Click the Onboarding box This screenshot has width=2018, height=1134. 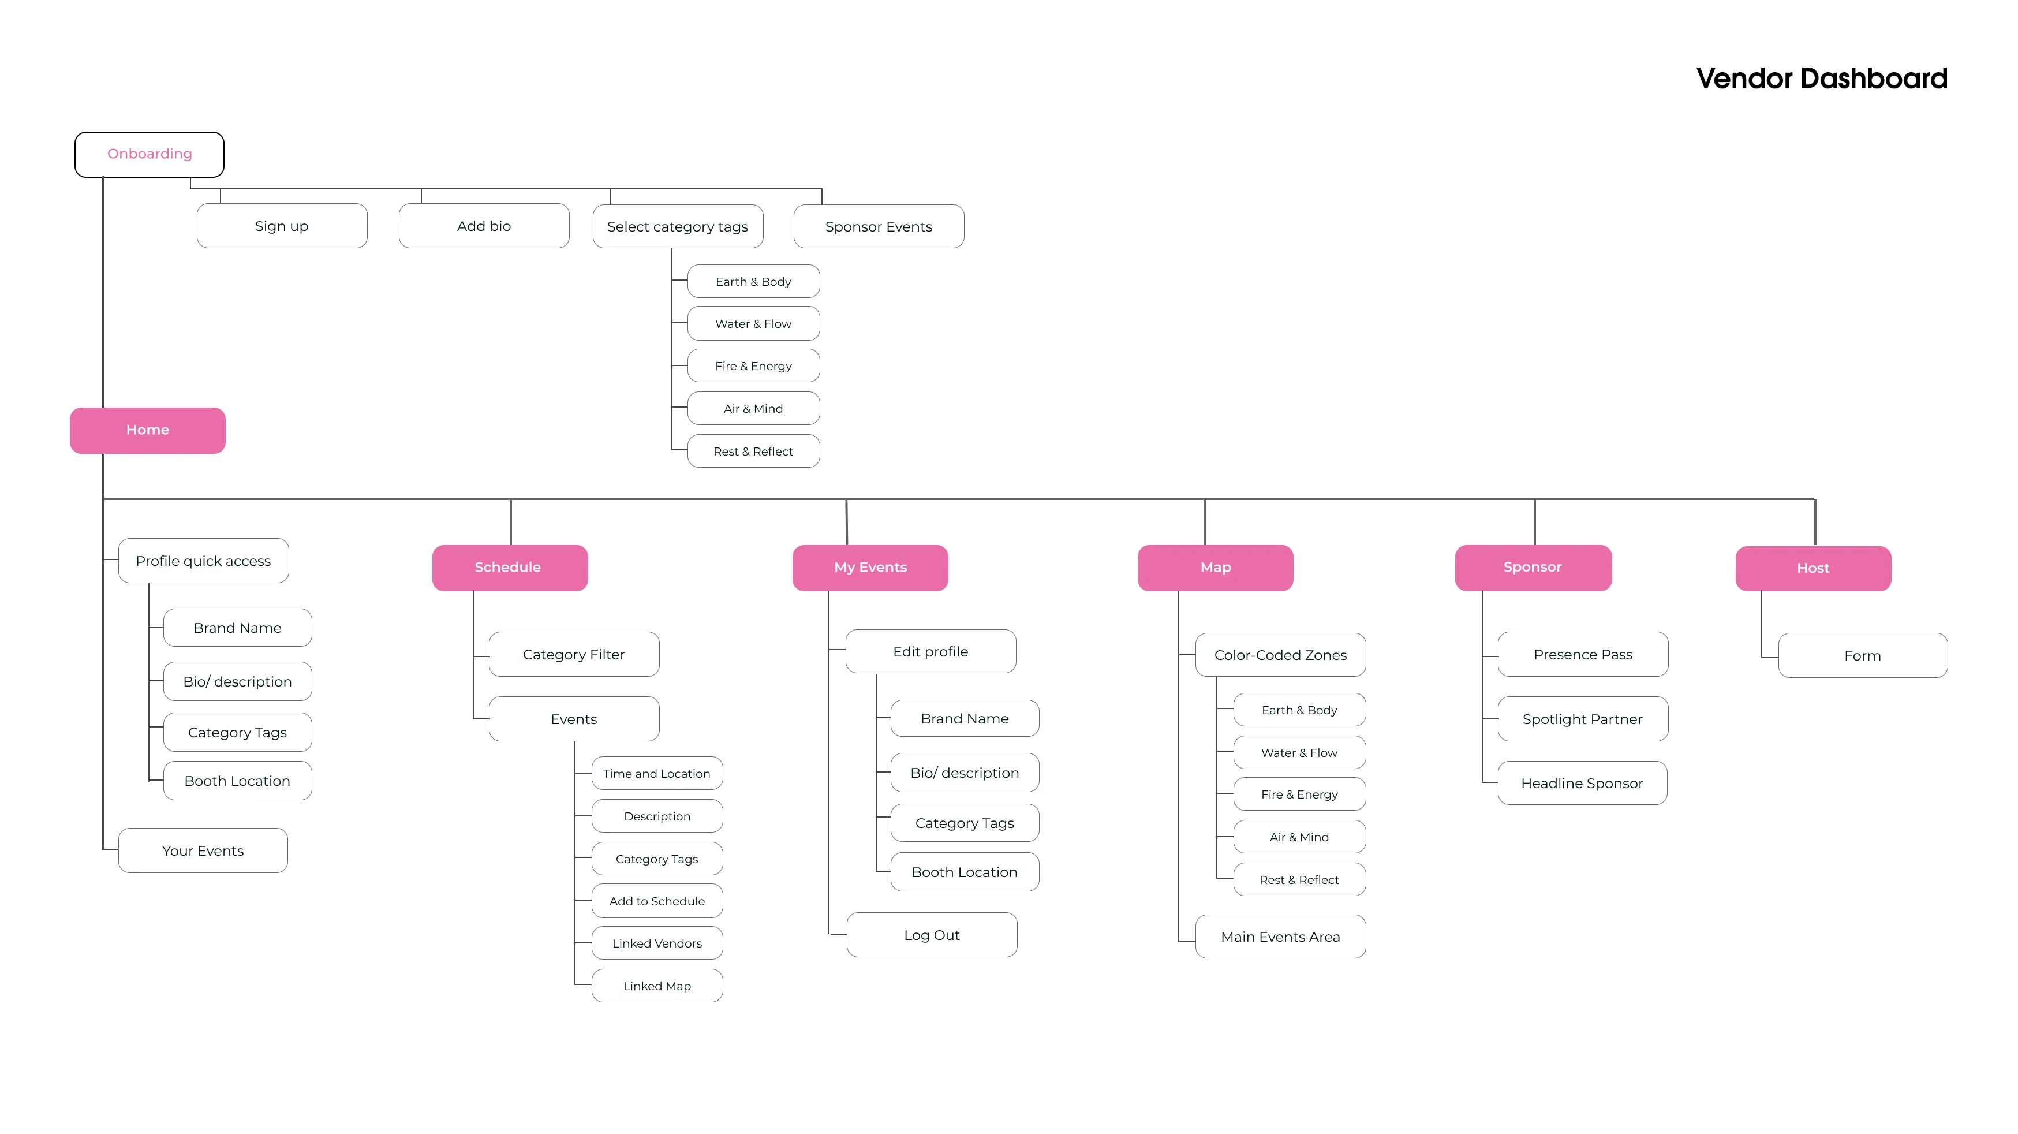point(149,154)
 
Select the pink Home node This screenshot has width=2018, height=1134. point(147,430)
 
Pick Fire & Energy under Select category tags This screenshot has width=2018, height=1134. point(753,366)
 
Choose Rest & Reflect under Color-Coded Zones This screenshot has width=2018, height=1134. point(1299,880)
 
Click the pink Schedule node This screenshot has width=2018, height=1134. point(509,568)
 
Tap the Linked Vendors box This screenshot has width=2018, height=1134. point(656,943)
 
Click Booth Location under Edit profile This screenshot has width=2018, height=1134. point(965,873)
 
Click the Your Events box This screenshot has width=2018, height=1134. point(203,851)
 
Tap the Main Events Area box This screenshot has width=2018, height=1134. point(1280,937)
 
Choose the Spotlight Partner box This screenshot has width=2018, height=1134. point(1582,719)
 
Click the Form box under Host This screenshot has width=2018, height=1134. point(1862,656)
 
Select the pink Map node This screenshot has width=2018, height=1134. point(1215,568)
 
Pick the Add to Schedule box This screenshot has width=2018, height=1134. point(656,901)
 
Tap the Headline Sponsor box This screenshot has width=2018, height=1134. point(1582,784)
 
